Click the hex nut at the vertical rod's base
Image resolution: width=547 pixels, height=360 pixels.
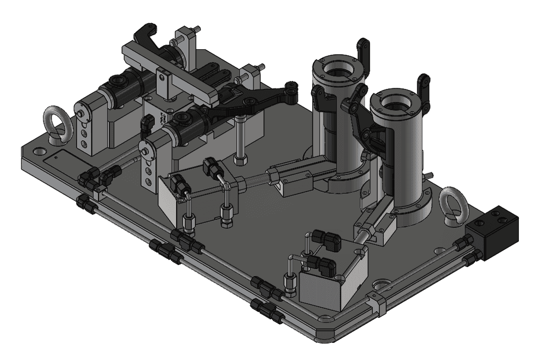(240, 160)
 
